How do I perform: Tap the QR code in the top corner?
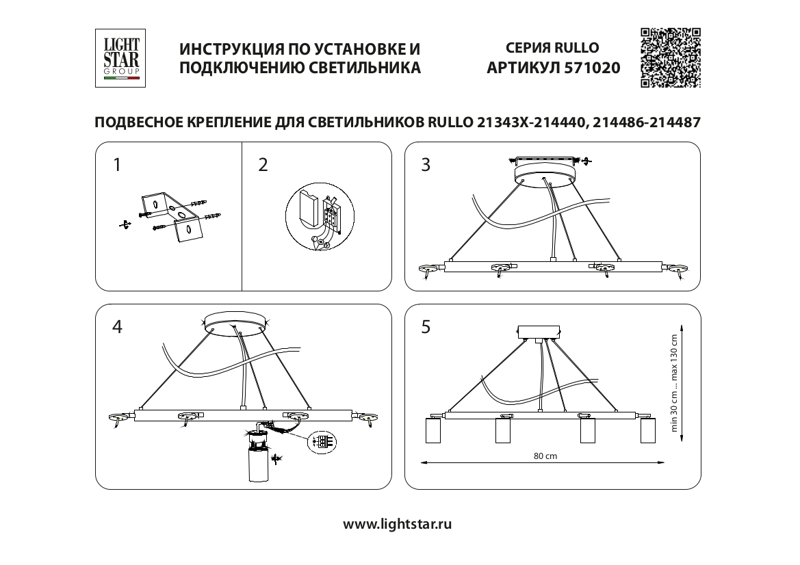[x=670, y=57]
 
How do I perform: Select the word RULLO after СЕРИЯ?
[x=576, y=48]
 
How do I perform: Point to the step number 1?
[x=117, y=165]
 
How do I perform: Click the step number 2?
[x=263, y=165]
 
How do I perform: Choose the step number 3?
[x=426, y=165]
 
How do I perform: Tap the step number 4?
[x=117, y=327]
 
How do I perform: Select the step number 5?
[x=426, y=327]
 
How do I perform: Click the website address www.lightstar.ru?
[x=398, y=524]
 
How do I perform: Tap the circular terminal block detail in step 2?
[x=319, y=218]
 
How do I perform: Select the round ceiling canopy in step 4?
[x=236, y=322]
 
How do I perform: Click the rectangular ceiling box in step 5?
[x=539, y=332]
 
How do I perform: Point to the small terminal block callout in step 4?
[x=322, y=441]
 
